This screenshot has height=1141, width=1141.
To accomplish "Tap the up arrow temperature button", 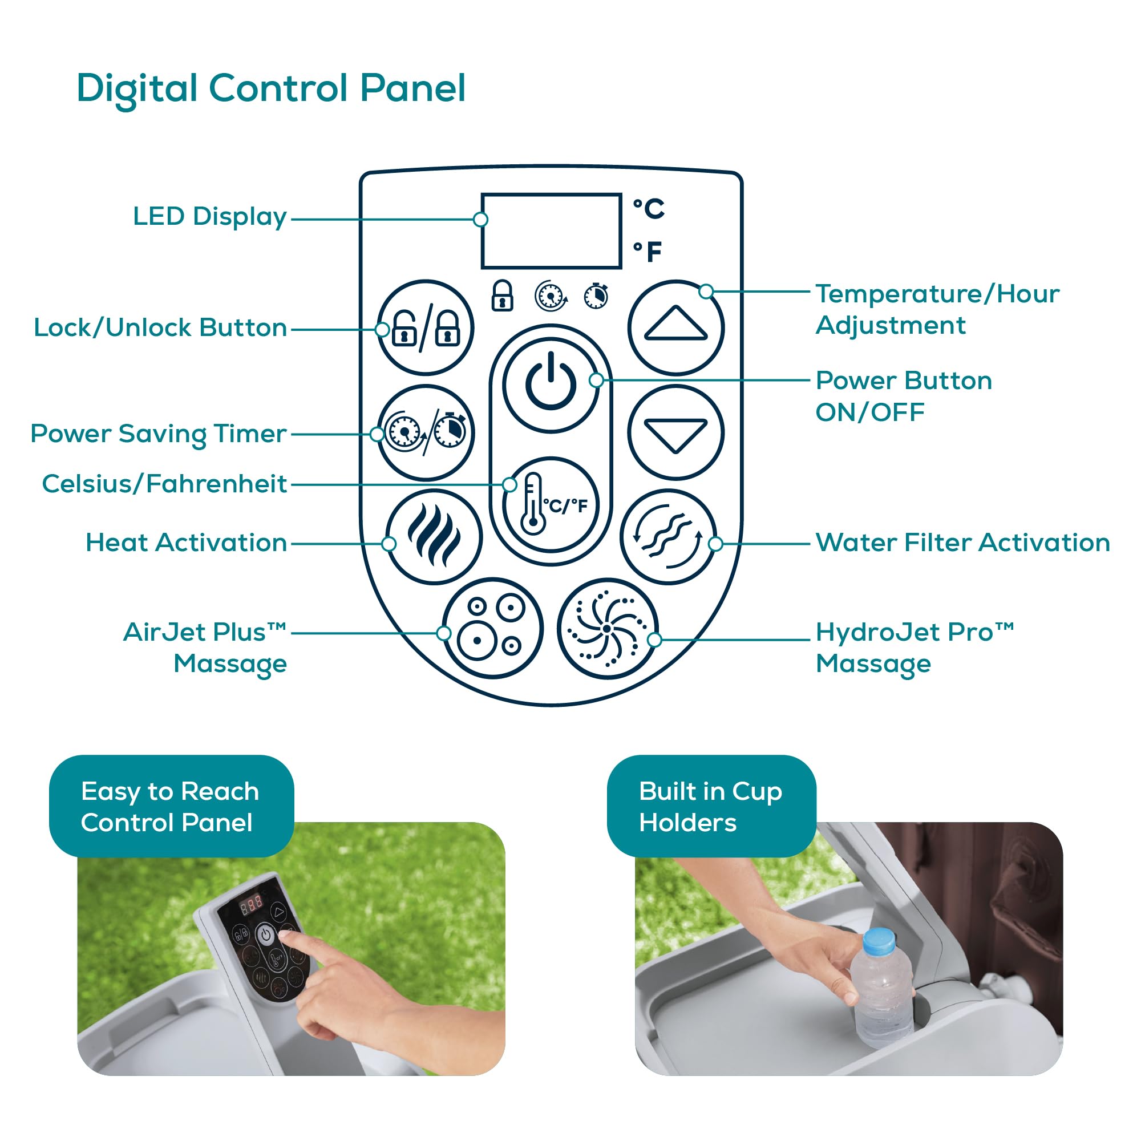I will point(675,327).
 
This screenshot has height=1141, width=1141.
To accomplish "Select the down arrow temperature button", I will point(675,432).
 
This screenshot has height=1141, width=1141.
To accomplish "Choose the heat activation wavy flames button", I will point(434,536).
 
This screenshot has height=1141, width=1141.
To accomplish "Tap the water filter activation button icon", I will point(668,536).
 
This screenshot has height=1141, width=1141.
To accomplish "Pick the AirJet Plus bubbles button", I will point(492,628).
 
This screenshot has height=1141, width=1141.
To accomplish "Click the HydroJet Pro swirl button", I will point(606,628).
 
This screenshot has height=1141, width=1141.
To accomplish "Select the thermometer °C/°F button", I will point(551,504).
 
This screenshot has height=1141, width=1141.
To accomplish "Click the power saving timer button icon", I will point(425,432).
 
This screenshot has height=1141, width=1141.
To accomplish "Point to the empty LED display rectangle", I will point(551,230).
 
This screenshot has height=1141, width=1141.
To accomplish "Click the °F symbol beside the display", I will point(648,252).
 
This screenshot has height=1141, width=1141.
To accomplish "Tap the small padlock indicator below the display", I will point(502,296).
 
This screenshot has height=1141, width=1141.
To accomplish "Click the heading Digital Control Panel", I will point(271,88).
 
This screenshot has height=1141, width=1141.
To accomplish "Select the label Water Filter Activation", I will point(962,543).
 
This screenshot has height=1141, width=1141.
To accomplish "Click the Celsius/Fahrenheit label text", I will point(164,484).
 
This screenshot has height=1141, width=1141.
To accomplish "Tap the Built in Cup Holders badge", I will point(710,806).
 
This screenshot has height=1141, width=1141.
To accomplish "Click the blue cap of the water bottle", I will point(878,940).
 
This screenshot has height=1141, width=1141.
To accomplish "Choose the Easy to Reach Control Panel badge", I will point(171,806).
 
